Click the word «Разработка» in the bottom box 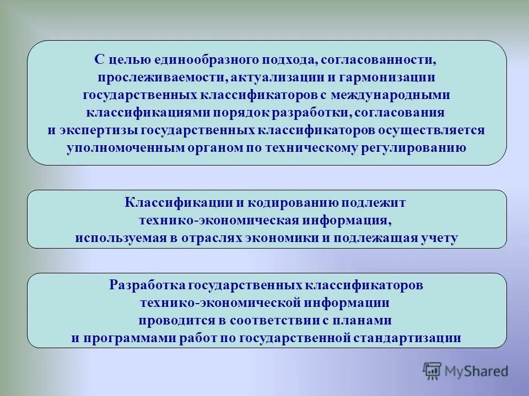[x=147, y=286]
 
